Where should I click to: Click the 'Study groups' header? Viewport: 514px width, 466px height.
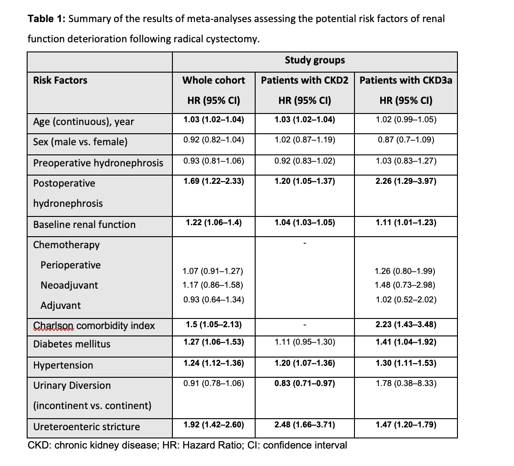click(x=314, y=60)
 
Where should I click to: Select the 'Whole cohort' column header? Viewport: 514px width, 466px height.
click(x=213, y=80)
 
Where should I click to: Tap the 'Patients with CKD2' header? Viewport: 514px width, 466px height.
click(x=305, y=80)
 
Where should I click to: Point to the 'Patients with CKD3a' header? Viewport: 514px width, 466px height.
click(x=406, y=80)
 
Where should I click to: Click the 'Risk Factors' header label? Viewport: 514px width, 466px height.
click(x=60, y=80)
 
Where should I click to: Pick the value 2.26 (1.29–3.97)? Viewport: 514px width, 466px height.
click(x=406, y=181)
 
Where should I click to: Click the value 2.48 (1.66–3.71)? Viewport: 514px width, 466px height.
click(x=305, y=425)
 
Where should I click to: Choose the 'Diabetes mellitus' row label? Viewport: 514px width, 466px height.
click(x=72, y=344)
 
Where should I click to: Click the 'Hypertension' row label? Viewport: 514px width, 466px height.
click(x=63, y=365)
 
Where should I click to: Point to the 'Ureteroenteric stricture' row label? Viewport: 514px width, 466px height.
click(x=86, y=427)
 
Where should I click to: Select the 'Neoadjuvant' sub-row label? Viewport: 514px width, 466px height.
click(x=69, y=285)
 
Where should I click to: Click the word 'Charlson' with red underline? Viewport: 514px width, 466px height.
click(x=53, y=326)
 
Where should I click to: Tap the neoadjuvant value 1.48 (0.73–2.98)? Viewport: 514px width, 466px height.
click(x=406, y=285)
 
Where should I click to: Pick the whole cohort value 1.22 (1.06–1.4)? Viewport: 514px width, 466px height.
click(x=213, y=222)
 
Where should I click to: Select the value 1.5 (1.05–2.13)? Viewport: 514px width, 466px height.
click(x=213, y=325)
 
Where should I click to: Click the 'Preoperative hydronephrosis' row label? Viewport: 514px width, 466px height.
click(x=98, y=163)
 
